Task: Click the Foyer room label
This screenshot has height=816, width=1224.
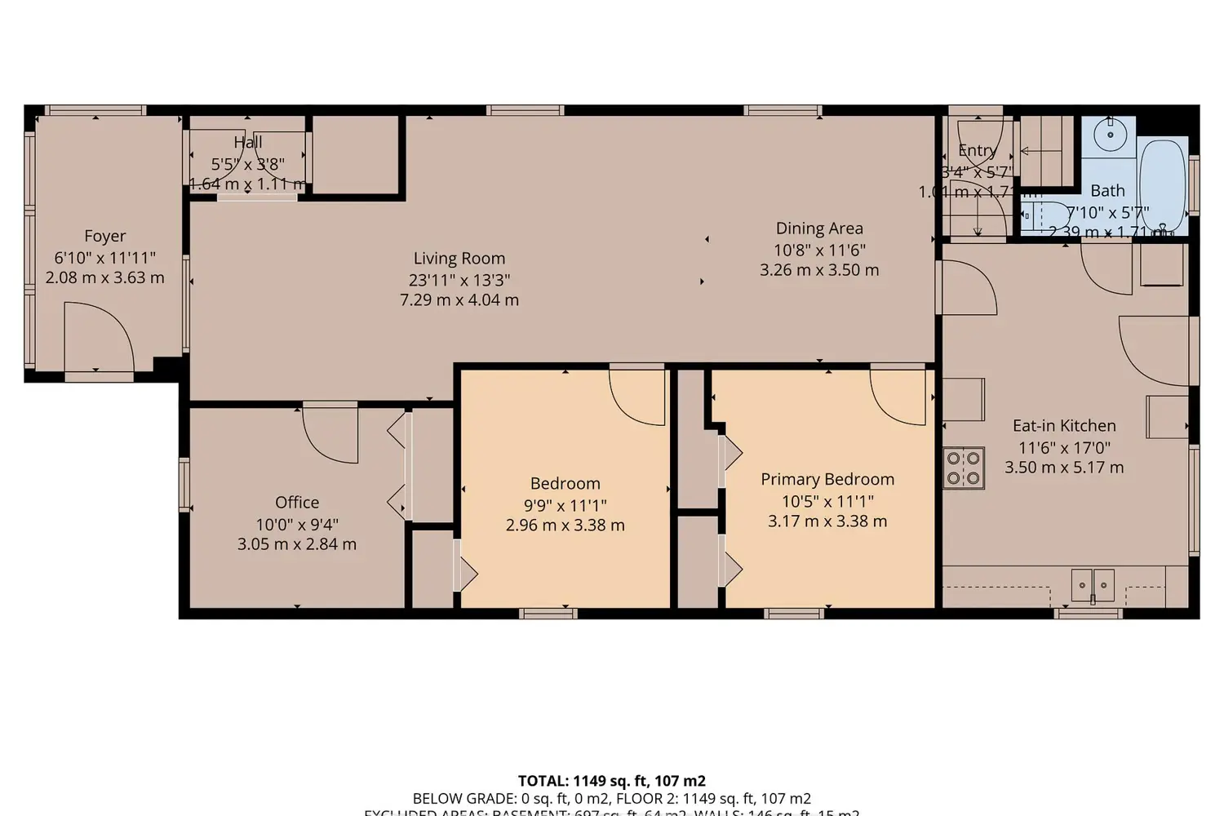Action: pos(104,237)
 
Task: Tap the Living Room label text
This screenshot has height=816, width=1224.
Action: pos(459,259)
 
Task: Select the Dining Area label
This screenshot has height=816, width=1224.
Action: pos(818,228)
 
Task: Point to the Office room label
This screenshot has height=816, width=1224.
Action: pos(297,503)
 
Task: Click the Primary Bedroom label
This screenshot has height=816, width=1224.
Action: pos(827,479)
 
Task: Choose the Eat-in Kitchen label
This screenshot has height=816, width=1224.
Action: pos(1064,425)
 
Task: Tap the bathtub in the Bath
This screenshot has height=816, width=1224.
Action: pos(1162,186)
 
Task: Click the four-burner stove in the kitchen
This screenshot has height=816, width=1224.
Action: pos(964,468)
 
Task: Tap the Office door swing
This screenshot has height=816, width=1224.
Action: pos(330,432)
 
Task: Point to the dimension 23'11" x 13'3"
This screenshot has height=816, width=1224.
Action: pos(459,280)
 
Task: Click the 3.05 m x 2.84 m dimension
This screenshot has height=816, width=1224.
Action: pos(297,544)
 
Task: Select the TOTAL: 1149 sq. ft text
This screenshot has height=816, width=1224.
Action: pos(612,781)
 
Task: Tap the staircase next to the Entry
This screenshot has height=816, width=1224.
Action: pos(1046,151)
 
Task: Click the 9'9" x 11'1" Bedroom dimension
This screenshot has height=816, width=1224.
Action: pos(565,505)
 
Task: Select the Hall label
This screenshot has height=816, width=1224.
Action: pos(248,143)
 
